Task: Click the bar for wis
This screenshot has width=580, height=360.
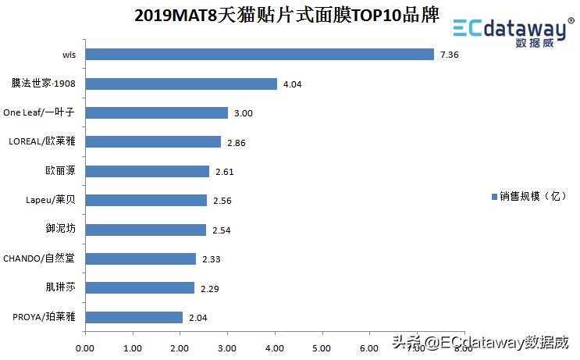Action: click(x=258, y=55)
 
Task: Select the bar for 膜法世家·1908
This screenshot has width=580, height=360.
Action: click(x=180, y=84)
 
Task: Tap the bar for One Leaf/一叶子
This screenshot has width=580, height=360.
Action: click(x=156, y=112)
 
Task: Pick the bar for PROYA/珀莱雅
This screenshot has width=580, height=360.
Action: click(x=133, y=317)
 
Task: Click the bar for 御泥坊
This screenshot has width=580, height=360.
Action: click(x=145, y=230)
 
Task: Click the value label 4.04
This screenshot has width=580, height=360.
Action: click(x=292, y=84)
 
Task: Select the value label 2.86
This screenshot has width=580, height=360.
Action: click(x=236, y=143)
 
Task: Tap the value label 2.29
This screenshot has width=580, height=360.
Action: click(x=209, y=289)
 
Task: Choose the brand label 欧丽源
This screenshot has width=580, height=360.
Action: click(x=60, y=170)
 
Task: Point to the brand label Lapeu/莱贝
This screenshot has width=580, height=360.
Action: click(x=51, y=200)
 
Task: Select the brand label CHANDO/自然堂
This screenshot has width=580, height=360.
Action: click(x=39, y=258)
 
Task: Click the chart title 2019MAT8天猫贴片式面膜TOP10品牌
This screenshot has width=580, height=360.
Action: click(x=286, y=15)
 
